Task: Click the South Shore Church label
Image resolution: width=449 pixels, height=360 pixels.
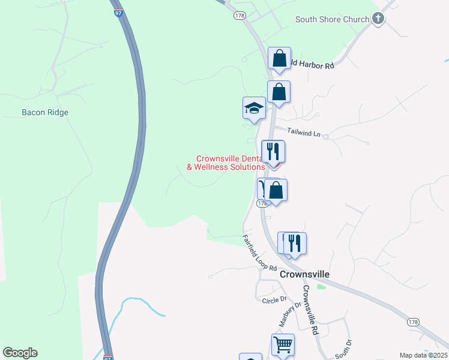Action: [332, 19]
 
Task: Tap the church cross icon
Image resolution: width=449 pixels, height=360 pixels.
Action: [378, 19]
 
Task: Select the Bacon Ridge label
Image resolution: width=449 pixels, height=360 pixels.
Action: [45, 112]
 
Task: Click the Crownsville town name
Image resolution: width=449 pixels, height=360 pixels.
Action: [305, 274]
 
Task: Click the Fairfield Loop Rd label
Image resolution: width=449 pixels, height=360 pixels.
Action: [259, 253]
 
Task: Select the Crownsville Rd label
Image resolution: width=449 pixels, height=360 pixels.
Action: [311, 310]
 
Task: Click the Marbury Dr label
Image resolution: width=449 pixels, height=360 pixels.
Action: [289, 314]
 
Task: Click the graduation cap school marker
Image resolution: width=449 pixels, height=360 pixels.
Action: [254, 108]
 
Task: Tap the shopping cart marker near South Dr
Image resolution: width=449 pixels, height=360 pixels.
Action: [283, 345]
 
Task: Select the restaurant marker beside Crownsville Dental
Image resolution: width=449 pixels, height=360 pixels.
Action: [273, 151]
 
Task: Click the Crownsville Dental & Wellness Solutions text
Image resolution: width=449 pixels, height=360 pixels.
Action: [226, 163]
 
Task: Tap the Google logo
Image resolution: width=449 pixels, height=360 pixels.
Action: [20, 353]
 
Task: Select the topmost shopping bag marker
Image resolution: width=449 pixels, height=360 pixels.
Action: [279, 59]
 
